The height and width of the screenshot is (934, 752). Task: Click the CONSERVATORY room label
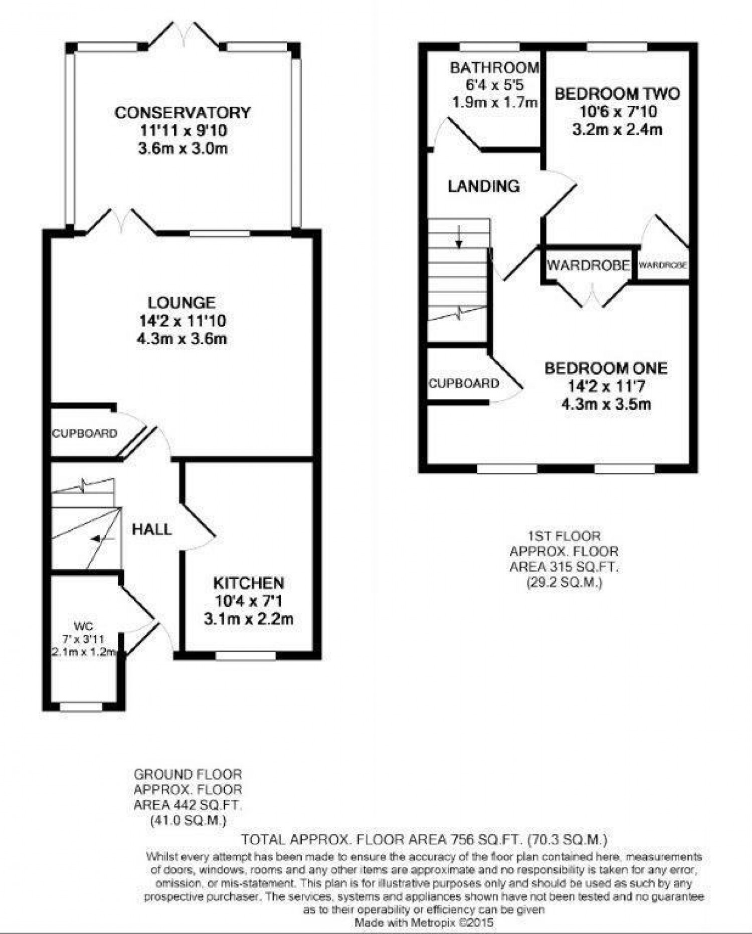(x=182, y=112)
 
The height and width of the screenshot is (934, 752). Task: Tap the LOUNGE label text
(x=181, y=302)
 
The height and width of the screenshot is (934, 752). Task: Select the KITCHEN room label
(x=249, y=583)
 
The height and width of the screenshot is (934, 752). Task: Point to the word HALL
(x=151, y=529)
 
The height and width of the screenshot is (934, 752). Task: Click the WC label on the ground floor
(x=83, y=626)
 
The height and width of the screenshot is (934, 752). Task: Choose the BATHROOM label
(x=494, y=67)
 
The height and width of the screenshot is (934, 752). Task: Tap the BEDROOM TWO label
(x=617, y=94)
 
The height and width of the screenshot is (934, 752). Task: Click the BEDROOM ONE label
(x=606, y=368)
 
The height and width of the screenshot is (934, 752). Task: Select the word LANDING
(x=483, y=186)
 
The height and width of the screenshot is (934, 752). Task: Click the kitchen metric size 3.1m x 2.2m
(x=249, y=619)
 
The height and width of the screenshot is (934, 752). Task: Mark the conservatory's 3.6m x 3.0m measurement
(x=182, y=149)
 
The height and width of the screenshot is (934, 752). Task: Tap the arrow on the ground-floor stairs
(x=98, y=539)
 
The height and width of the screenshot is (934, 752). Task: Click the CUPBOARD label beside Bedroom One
(x=463, y=383)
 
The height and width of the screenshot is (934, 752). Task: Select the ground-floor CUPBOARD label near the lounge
(x=84, y=433)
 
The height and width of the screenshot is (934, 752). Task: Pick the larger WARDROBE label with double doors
(x=588, y=265)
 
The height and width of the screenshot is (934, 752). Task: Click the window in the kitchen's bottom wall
(x=245, y=655)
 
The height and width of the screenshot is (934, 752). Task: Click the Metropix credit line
(x=424, y=922)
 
